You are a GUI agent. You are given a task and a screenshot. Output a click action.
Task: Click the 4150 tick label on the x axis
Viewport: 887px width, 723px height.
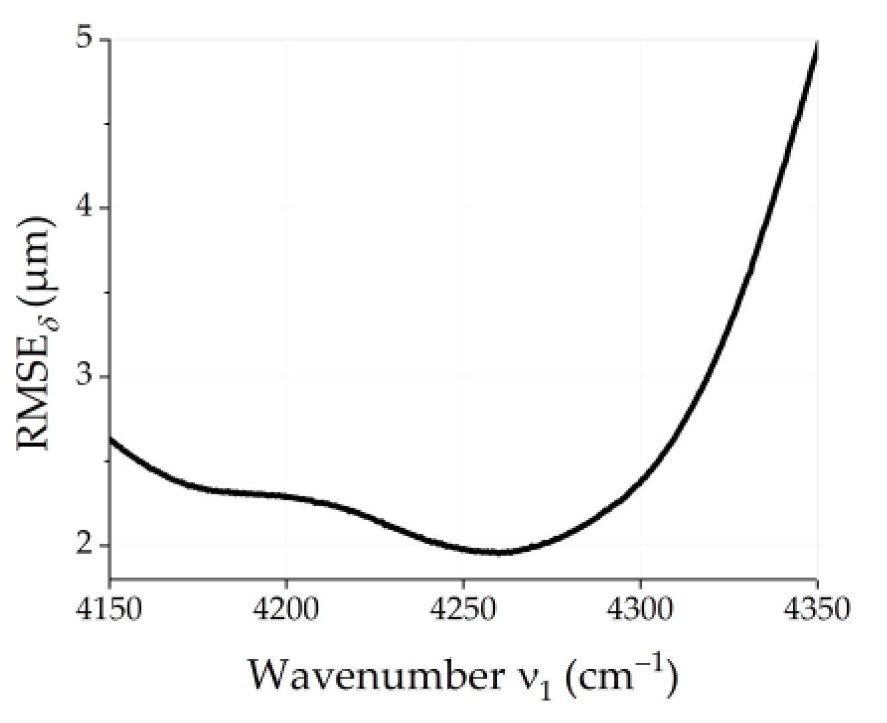pos(110,609)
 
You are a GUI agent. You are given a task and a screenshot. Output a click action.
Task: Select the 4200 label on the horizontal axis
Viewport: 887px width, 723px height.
pos(286,609)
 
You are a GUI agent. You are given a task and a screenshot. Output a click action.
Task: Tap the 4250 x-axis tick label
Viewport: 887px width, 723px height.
pos(463,609)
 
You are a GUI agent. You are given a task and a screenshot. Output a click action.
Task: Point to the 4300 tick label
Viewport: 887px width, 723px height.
pos(640,609)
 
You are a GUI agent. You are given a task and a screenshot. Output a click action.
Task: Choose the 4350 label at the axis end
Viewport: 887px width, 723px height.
pos(817,609)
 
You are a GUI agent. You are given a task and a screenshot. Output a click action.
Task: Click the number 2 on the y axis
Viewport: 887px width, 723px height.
pos(83,545)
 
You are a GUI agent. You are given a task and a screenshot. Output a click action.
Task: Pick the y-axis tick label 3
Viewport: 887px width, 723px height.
pos(83,377)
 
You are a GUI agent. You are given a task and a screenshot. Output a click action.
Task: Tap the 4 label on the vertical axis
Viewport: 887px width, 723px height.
pos(83,208)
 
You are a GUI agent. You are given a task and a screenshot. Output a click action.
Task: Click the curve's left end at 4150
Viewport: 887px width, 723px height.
pos(111,439)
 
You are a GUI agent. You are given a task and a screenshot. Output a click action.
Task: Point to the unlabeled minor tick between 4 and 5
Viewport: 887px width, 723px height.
pos(106,124)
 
